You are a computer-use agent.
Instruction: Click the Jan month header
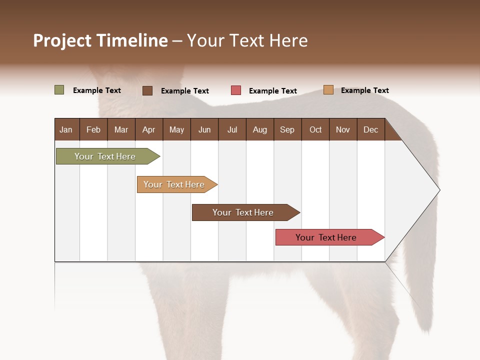click(66, 129)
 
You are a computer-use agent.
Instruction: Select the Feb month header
click(93, 129)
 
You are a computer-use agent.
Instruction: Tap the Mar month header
click(121, 129)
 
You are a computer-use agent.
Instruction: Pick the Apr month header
click(149, 129)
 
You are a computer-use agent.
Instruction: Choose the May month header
click(176, 129)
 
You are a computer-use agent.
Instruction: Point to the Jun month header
click(204, 129)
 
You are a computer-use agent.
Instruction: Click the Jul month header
click(232, 129)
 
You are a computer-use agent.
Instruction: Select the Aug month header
click(260, 129)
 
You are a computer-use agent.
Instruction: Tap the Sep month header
click(287, 129)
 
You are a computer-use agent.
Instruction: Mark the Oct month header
click(315, 129)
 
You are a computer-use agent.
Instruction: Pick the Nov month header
click(343, 129)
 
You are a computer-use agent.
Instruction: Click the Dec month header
click(371, 129)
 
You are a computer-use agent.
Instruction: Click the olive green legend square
click(59, 90)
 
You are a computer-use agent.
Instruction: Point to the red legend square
click(236, 90)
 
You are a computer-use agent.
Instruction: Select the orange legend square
click(328, 90)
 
